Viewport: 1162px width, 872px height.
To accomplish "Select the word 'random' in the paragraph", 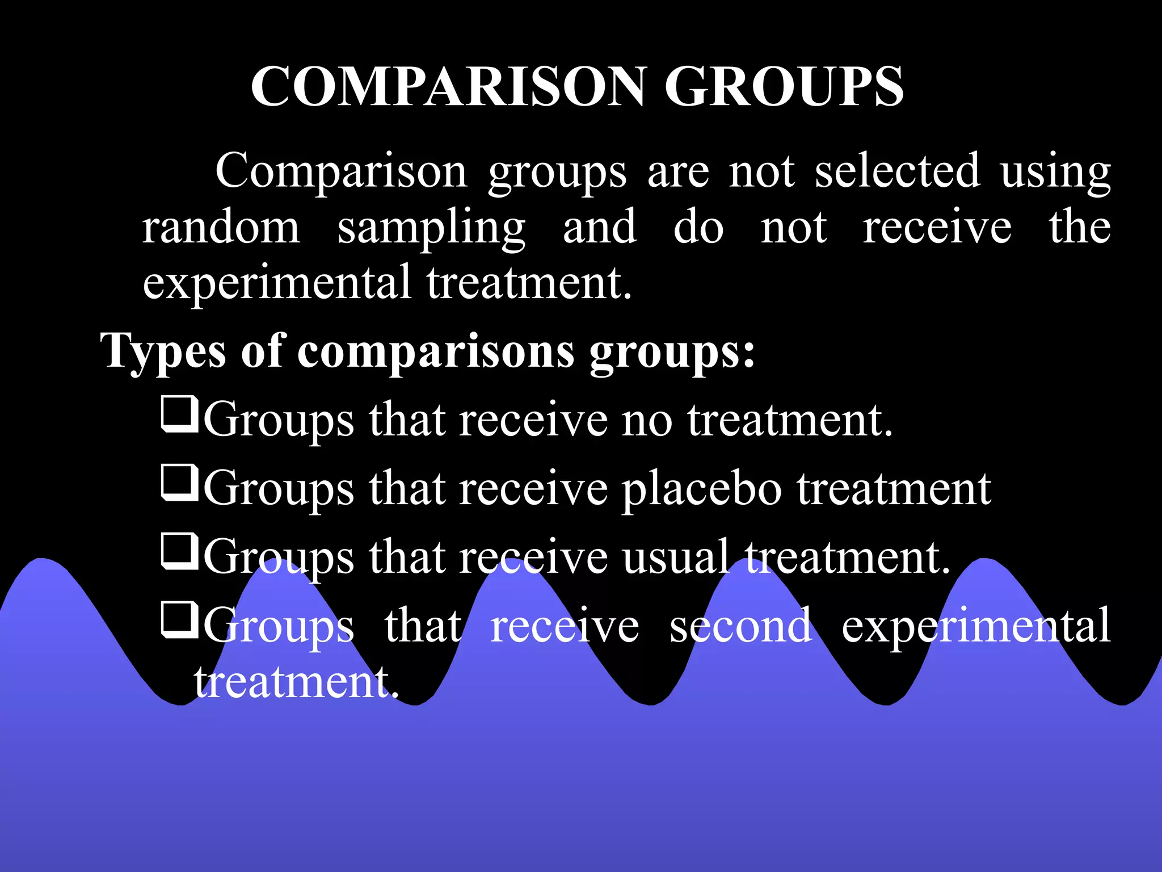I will [221, 227].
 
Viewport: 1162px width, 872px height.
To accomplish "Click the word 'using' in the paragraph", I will [1055, 171].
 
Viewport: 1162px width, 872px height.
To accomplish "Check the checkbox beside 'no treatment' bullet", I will [179, 415].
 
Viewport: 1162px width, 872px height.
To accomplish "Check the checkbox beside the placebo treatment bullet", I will [179, 483].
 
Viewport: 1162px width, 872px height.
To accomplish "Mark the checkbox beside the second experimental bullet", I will [179, 620].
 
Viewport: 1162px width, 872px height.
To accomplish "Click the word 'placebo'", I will [702, 489].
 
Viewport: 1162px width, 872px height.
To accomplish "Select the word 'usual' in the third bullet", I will [675, 557].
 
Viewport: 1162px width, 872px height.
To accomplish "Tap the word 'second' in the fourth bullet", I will [740, 625].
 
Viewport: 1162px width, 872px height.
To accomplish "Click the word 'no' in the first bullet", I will [646, 421].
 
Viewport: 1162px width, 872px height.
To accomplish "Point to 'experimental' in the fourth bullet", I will [975, 626].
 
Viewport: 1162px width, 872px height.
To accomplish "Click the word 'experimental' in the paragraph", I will [276, 283].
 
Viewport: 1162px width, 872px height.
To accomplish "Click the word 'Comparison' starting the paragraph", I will [341, 171].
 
